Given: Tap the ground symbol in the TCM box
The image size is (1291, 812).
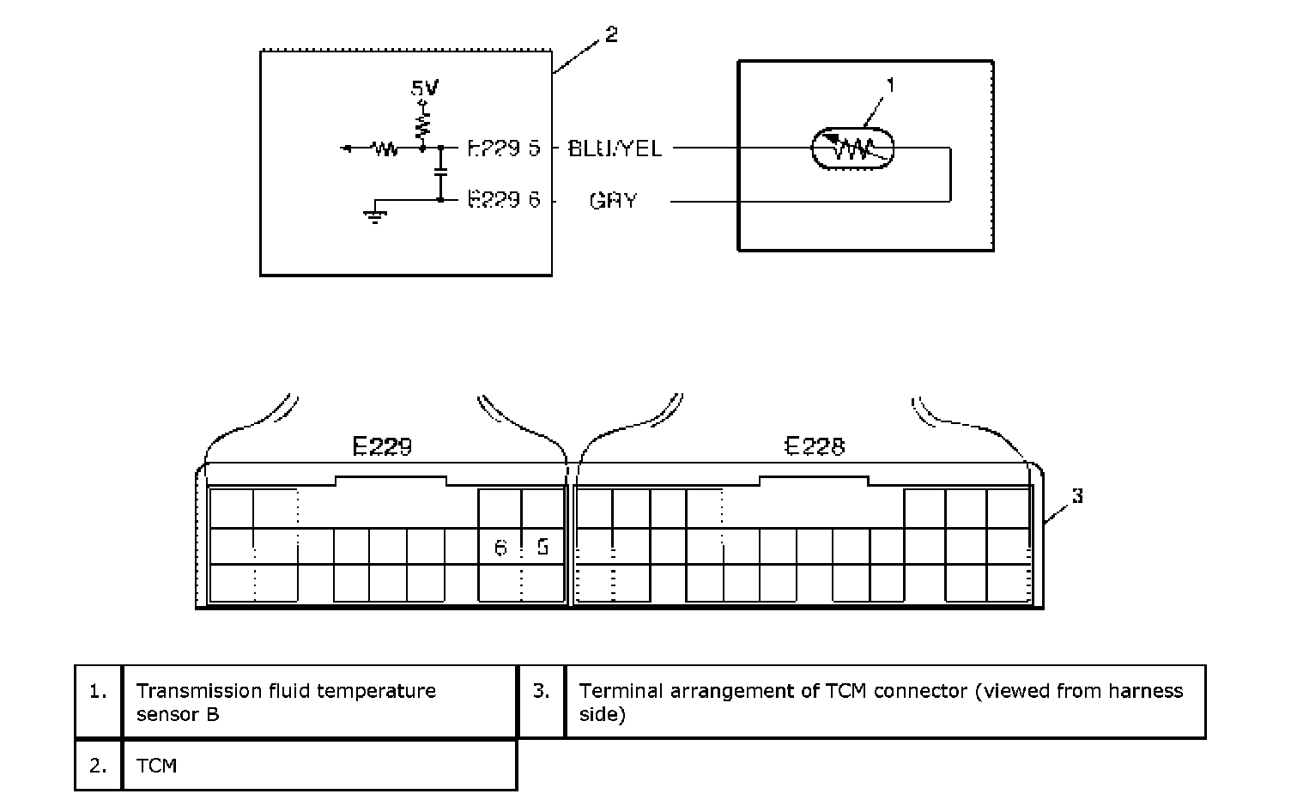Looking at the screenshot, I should pos(374,215).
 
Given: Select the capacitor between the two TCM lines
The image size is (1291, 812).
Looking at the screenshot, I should pos(440,173).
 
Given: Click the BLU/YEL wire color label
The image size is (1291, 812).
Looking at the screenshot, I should pos(615,148).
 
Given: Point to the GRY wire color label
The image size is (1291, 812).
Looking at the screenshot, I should pos(613,201).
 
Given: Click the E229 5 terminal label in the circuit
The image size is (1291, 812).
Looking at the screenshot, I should pos(504,148).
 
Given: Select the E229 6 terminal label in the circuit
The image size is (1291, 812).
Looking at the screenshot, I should pos(504,201).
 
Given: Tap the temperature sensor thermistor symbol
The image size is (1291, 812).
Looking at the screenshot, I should pos(852,149).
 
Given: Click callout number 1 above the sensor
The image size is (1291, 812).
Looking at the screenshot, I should pos(890,85).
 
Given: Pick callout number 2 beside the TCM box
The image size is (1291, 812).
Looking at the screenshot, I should pos(610,35).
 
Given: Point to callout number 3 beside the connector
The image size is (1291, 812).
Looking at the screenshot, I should pos(1077,496).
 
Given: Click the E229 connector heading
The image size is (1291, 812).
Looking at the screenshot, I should pos(382,446).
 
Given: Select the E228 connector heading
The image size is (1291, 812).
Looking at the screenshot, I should pos(815,446).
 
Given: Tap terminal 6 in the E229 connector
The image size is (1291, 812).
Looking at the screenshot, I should pos(500,547).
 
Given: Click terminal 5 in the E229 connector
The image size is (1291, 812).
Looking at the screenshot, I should pos(542,547).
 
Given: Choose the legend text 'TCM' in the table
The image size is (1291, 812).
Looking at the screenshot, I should pos(156,765).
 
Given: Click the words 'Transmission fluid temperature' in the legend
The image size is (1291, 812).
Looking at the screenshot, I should pos(286,691).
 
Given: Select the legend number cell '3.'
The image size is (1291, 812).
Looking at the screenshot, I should pos(541,691).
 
